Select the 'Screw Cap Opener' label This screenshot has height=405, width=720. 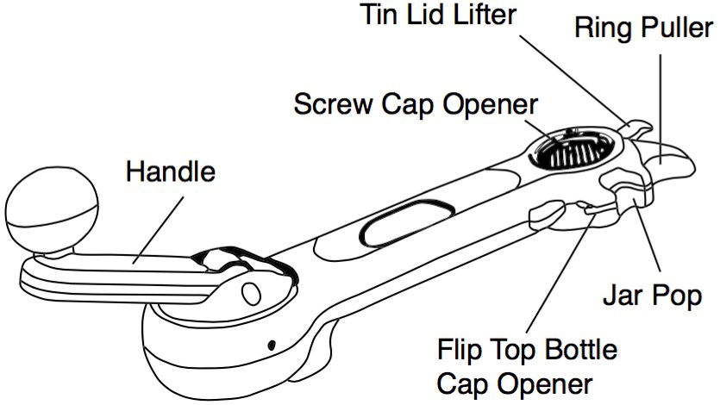(x=415, y=107)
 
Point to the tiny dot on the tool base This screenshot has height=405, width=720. (x=272, y=346)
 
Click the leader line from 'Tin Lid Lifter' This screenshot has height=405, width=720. (x=578, y=73)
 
